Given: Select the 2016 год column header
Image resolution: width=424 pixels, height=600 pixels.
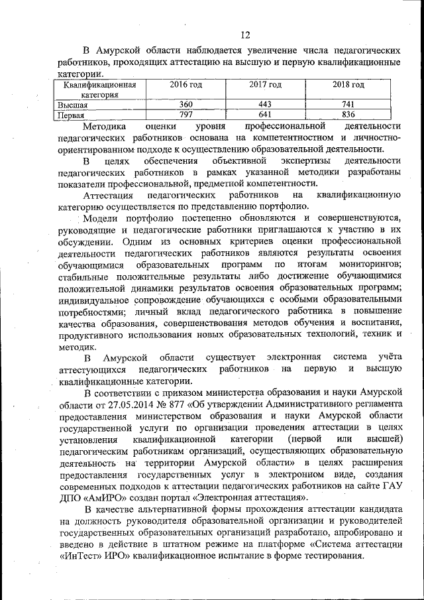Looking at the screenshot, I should (x=185, y=85).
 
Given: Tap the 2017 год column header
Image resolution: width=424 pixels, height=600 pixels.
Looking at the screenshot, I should (x=265, y=85).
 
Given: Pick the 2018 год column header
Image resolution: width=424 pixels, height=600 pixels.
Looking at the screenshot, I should (x=348, y=85).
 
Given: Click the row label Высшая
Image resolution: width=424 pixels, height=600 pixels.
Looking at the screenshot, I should (x=73, y=105).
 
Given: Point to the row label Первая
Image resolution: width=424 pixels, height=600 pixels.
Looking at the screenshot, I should (x=72, y=115).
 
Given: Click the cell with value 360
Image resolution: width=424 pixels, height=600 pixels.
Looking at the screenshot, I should (x=185, y=105).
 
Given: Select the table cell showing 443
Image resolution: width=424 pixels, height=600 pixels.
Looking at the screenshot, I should (x=265, y=105).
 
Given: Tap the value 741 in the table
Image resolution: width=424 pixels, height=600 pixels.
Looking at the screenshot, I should (x=348, y=105).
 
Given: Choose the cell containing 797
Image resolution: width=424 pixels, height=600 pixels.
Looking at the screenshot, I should (x=185, y=115).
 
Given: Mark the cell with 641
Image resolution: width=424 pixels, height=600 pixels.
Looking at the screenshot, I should (x=265, y=115).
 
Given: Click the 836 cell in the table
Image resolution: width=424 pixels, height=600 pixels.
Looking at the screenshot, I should (x=348, y=115).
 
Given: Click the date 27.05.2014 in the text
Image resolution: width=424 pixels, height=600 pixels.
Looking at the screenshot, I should (x=125, y=404).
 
